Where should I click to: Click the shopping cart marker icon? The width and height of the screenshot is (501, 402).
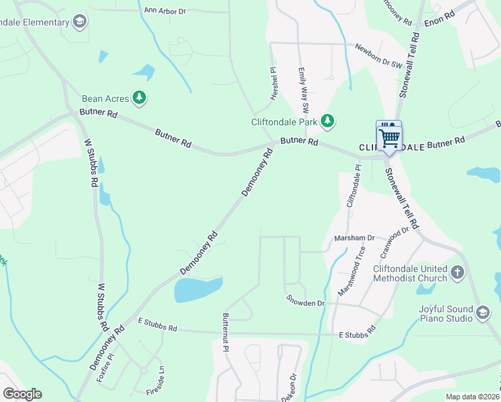(388, 137)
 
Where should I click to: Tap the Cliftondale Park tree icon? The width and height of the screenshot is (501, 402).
(328, 121)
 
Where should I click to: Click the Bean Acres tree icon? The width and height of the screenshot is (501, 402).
(139, 98)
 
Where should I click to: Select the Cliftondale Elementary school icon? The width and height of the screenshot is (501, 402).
(80, 22)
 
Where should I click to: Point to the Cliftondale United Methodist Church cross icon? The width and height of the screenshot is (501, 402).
(457, 273)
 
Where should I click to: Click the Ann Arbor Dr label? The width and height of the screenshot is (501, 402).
(164, 11)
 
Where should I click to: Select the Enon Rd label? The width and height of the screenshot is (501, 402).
(439, 22)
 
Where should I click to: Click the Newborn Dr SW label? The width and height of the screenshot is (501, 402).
(378, 56)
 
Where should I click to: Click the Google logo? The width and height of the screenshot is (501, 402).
(22, 394)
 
